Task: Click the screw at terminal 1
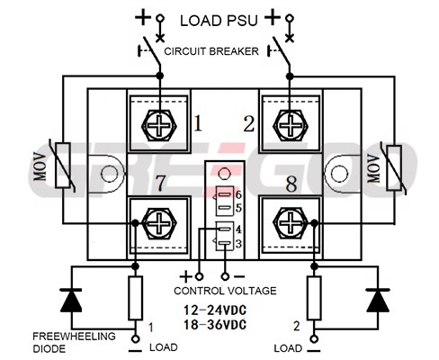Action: (x=159, y=125)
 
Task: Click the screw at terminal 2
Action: (x=291, y=125)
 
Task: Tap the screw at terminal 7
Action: (x=159, y=223)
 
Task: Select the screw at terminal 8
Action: (x=291, y=223)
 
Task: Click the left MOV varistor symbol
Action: (x=63, y=166)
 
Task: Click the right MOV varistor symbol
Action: (x=394, y=167)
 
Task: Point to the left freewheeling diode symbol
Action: (x=71, y=301)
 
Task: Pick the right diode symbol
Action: (x=378, y=301)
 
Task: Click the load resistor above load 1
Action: (x=135, y=298)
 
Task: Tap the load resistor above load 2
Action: (x=314, y=298)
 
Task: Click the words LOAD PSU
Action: (x=219, y=21)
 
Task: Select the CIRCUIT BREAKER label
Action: (x=211, y=51)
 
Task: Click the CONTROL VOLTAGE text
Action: (x=225, y=291)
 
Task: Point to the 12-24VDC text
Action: (x=215, y=310)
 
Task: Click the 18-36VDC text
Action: (x=215, y=325)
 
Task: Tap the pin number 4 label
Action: (x=238, y=229)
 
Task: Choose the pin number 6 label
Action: (x=238, y=194)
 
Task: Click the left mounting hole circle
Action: (x=109, y=174)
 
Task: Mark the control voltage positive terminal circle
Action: (x=199, y=276)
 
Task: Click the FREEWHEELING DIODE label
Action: (x=74, y=342)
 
